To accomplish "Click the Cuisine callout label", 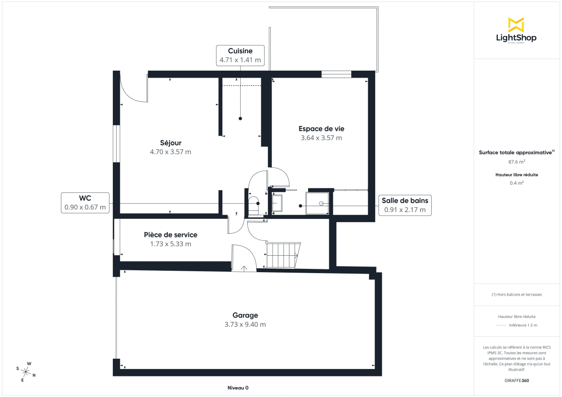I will tap(240, 56).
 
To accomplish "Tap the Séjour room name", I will tap(170, 143).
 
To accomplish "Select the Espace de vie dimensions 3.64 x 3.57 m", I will tap(321, 138).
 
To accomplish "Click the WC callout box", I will tap(85, 203).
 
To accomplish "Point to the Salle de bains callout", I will tap(405, 205).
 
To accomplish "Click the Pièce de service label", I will tap(170, 235).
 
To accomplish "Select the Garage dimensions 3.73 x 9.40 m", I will tap(245, 325).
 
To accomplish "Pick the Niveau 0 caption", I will tap(238, 388).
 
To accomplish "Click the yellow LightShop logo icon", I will tap(516, 25).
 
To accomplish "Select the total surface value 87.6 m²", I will tap(517, 162).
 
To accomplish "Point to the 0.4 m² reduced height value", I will tap(517, 183).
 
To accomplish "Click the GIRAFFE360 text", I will tap(517, 380).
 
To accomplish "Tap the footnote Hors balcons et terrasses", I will tap(517, 295).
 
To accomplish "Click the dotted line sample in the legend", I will tap(501, 325).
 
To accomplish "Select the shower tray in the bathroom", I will tap(318, 203).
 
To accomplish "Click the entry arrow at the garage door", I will tap(244, 268).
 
